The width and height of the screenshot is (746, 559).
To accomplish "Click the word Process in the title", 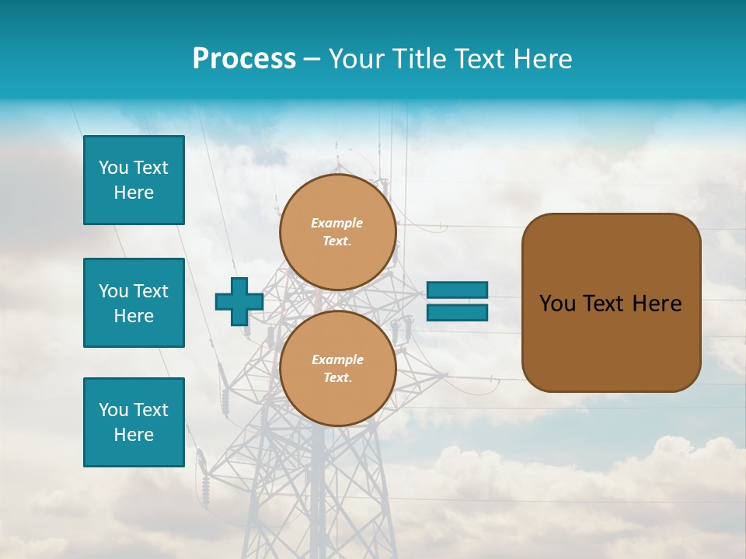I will pos(244,59).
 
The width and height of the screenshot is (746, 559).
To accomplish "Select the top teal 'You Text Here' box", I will pos(134,180).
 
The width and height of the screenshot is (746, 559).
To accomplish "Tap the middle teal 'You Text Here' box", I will pos(134,303).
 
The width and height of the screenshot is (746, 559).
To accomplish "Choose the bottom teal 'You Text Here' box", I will pos(134,422).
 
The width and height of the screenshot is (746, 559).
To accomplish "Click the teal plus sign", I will pos(239,301).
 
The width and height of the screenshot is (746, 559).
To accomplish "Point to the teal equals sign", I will pos(457,301).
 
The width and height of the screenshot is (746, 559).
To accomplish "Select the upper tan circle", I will pos(338,232).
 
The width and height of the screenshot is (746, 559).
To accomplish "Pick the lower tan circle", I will pos(338,369).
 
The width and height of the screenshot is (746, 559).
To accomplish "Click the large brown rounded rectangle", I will pos(611,303).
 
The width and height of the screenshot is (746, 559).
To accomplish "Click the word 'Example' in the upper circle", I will pos(337,223).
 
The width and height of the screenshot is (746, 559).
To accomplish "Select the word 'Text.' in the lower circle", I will pos(337,378).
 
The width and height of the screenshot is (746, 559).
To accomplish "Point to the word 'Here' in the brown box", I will pos(657,304).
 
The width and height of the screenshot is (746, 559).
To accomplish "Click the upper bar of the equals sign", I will pos(457,290).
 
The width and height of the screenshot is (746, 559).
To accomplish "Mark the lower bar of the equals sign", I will pos(457,312).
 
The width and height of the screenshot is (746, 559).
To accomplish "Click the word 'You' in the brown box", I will pos(557,304).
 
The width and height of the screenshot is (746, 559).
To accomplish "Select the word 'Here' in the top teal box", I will pos(134,193).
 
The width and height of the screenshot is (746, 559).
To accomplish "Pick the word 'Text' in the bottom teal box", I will pos(151,410).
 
